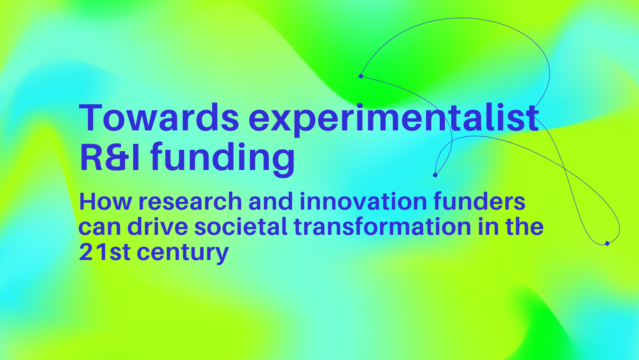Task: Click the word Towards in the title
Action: point(159,118)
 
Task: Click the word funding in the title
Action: point(222,159)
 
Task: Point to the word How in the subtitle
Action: point(105,202)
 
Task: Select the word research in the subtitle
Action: point(190,202)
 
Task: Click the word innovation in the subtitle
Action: point(363,201)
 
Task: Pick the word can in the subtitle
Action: point(99,228)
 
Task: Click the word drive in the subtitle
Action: point(157,226)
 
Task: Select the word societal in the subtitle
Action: point(240,226)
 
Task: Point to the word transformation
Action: point(382,226)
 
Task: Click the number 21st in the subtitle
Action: point(105,252)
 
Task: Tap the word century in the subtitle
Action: point(183,254)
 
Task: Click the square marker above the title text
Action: point(361,76)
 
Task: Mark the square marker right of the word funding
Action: point(435,175)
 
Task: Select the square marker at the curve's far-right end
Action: point(607,244)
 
